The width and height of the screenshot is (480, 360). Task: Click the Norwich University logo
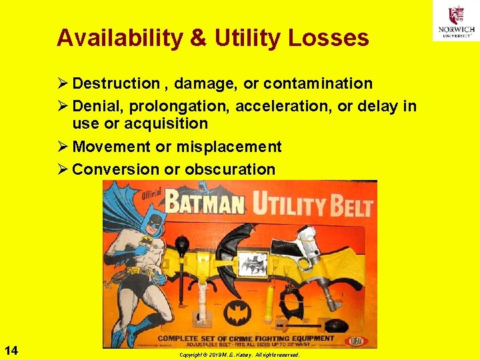tap(455, 21)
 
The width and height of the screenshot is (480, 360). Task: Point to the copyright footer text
tap(239, 355)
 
